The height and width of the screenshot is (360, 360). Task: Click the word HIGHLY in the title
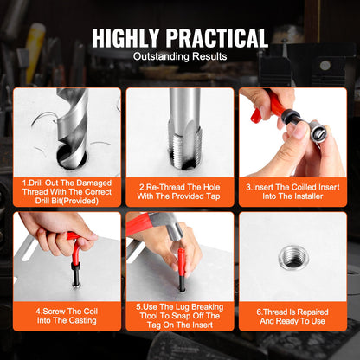tap(131, 38)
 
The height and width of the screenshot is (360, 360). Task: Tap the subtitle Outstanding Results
tap(180, 57)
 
